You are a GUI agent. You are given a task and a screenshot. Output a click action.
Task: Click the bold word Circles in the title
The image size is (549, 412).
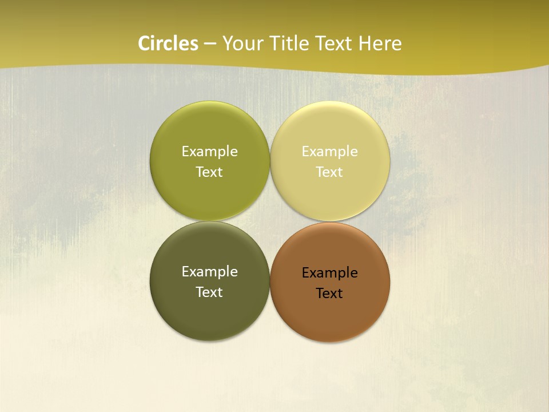click(168, 43)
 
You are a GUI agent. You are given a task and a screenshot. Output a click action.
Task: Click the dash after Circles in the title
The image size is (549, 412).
click(210, 44)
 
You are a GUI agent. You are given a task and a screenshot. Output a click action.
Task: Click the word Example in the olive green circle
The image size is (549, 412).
click(209, 151)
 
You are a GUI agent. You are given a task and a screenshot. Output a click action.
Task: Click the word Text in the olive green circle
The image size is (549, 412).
click(209, 172)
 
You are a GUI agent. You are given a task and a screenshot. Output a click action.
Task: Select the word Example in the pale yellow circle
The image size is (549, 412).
click(329, 151)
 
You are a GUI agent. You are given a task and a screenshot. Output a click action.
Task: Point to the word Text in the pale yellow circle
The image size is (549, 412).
click(329, 172)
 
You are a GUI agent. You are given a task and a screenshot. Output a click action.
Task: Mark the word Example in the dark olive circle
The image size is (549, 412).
click(209, 271)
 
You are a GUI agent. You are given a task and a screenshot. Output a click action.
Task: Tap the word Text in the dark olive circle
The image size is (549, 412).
click(209, 292)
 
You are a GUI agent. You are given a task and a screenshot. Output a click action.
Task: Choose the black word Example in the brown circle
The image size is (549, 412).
click(329, 272)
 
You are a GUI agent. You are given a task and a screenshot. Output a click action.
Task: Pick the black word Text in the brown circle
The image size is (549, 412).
click(329, 293)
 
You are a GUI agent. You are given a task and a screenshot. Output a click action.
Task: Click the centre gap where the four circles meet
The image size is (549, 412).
click(270, 221)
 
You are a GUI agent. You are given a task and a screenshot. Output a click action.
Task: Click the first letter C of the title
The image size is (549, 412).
click(144, 43)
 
